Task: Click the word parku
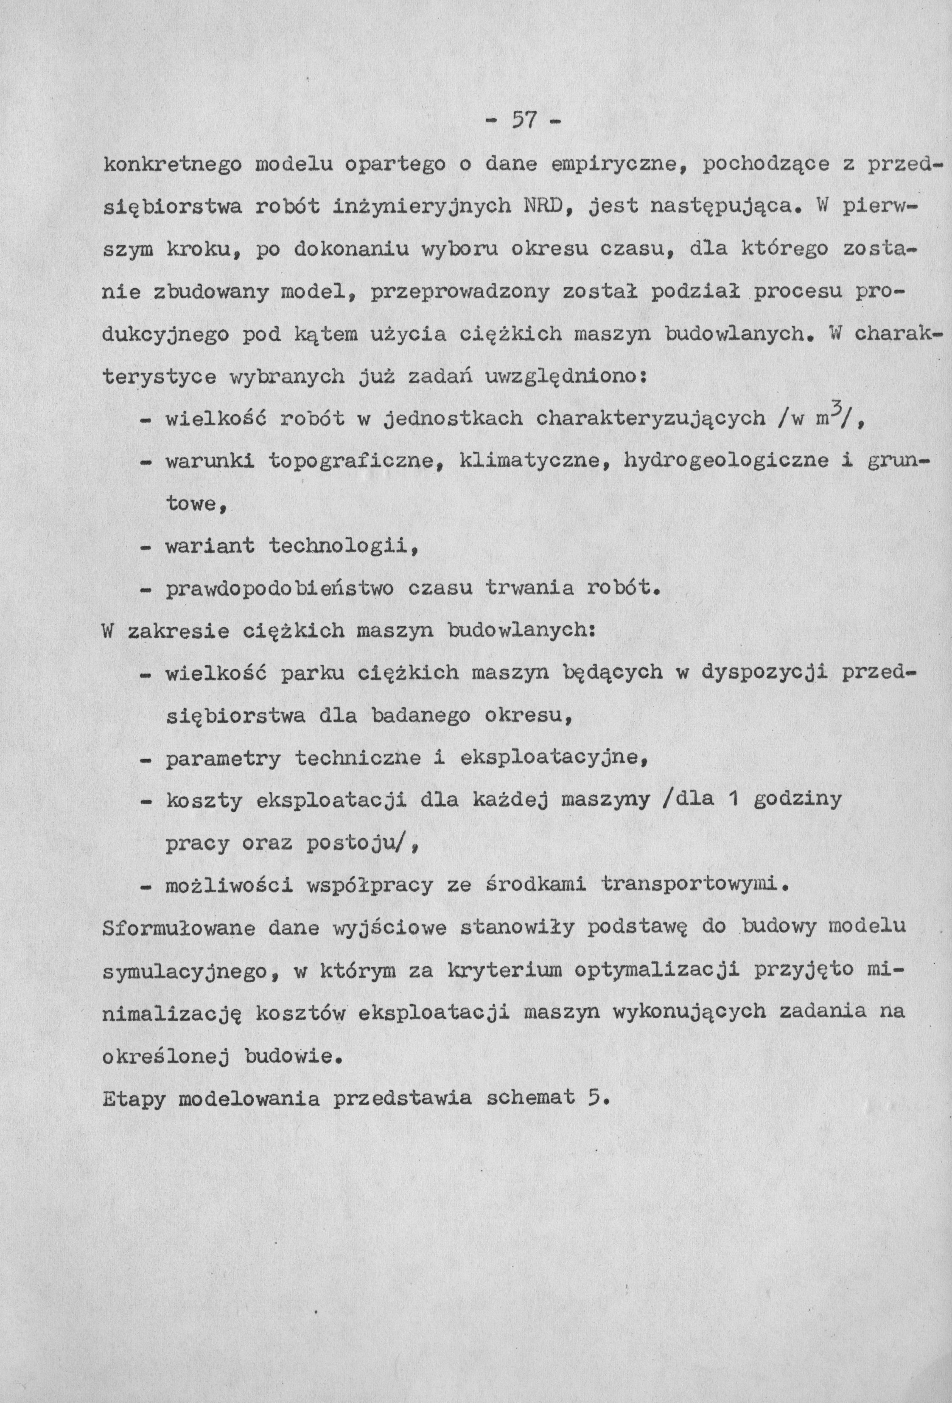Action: pos(312,673)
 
